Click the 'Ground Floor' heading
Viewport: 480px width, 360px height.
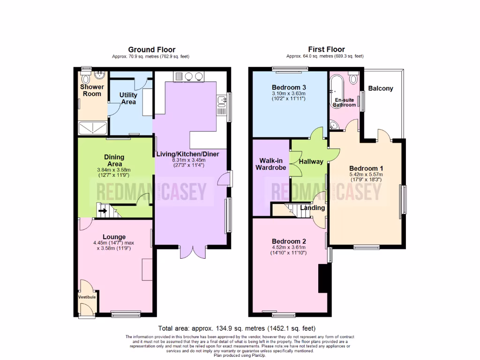[152, 49]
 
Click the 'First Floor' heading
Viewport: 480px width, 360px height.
[326, 49]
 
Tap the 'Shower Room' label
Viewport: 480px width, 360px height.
[92, 90]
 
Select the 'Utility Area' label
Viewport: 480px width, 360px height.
[128, 98]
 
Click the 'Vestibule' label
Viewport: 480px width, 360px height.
[87, 297]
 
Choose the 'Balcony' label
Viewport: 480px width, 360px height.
[381, 88]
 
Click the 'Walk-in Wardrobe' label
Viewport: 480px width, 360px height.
[270, 165]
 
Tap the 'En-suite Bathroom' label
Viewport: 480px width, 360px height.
[345, 103]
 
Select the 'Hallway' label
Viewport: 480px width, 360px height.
[311, 162]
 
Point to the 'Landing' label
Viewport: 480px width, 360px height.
[310, 208]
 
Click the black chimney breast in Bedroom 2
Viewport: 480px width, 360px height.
[323, 277]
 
